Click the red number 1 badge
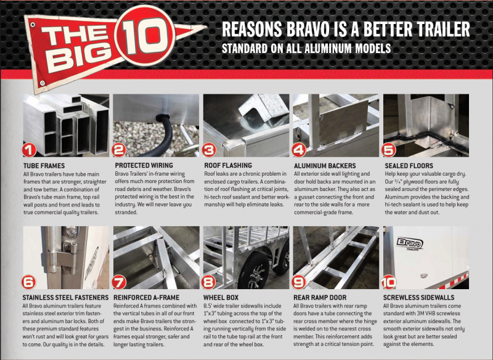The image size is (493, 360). pyautogui.click(x=29, y=150)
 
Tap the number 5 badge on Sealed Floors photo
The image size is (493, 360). pyautogui.click(x=389, y=150)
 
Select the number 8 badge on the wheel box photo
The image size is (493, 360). pyautogui.click(x=208, y=282)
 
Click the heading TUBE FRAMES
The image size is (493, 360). pyautogui.click(x=44, y=166)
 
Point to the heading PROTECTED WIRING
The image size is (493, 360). pyautogui.click(x=144, y=165)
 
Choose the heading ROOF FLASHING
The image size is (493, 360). pyautogui.click(x=228, y=165)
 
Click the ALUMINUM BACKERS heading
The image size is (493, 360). pyautogui.click(x=325, y=166)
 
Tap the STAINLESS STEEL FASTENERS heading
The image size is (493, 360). pyautogui.click(x=65, y=298)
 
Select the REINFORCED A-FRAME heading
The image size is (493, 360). pyautogui.click(x=147, y=298)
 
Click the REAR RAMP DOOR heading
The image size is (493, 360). pyautogui.click(x=320, y=298)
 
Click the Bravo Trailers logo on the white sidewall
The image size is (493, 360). pyautogui.click(x=410, y=243)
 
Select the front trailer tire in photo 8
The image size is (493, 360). pyautogui.click(x=253, y=271)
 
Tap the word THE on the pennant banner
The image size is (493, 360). pyautogui.click(x=74, y=37)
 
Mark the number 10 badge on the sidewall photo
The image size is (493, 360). pyautogui.click(x=388, y=282)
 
